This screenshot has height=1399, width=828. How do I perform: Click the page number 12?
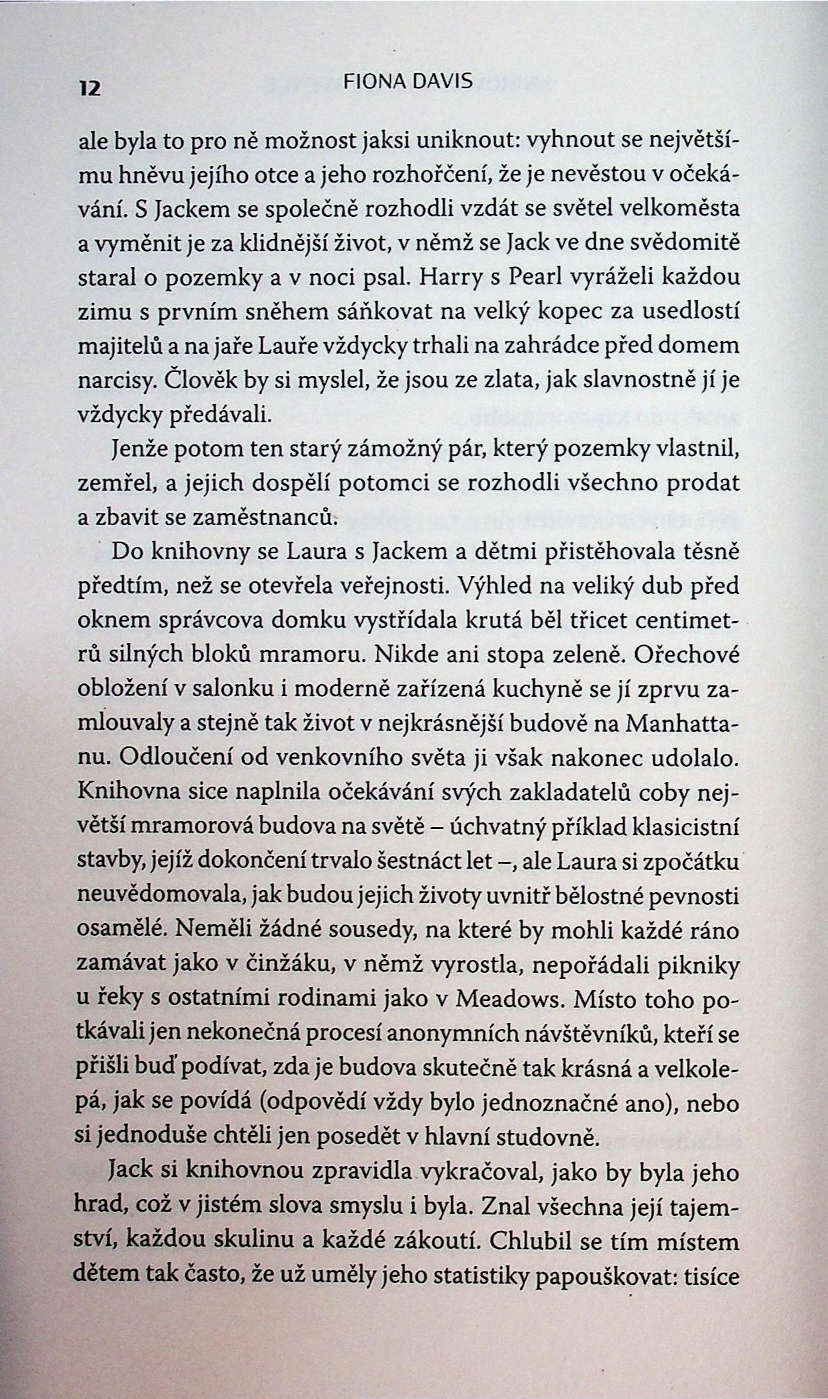89,89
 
